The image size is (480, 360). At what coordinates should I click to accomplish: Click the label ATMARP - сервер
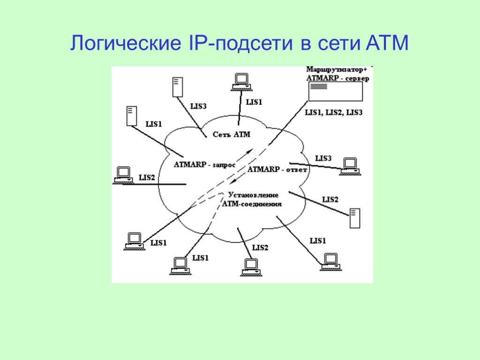[x=337, y=78]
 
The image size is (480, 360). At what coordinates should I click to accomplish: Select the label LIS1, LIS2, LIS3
[x=334, y=112]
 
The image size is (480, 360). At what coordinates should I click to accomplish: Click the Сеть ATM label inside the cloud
[x=232, y=135]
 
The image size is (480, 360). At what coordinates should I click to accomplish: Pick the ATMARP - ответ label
[x=277, y=169]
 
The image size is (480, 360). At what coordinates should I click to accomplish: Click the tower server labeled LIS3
[x=177, y=87]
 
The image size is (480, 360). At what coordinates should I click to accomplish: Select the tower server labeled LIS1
[x=131, y=116]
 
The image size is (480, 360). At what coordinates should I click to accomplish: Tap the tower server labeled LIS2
[x=355, y=219]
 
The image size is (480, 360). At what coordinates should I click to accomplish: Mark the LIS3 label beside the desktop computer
[x=323, y=158]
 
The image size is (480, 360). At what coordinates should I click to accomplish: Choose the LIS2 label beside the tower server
[x=330, y=199]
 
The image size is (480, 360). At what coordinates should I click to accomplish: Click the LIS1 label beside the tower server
[x=154, y=124]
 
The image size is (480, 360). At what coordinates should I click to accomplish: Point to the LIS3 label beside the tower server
[x=198, y=106]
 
